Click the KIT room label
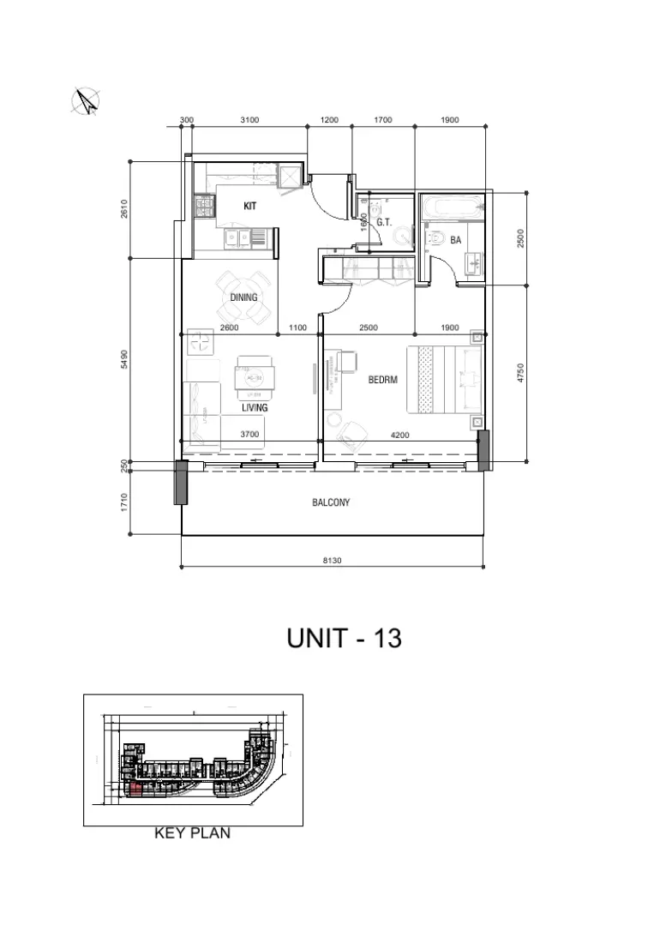[x=250, y=207]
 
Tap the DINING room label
[x=243, y=297]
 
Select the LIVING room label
[x=255, y=408]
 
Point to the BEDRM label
[x=383, y=380]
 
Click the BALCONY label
[x=331, y=503]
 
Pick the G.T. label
[x=384, y=222]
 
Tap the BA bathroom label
[x=456, y=241]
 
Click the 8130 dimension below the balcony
[x=332, y=561]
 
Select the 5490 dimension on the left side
[x=125, y=359]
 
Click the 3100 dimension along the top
[x=250, y=120]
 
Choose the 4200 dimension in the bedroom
[x=399, y=435]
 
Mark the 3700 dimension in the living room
[x=249, y=435]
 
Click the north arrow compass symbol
[x=85, y=101]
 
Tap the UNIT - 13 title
[x=344, y=639]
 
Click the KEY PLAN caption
[x=192, y=832]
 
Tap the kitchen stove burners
[x=206, y=206]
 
